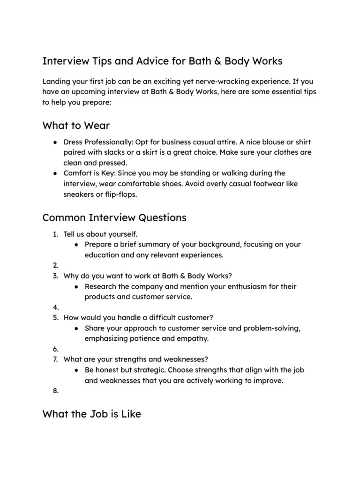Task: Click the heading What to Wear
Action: tap(76, 125)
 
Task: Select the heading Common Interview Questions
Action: tap(114, 217)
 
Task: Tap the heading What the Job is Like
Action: tap(91, 414)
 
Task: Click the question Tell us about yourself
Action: tap(100, 234)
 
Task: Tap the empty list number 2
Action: tap(55, 265)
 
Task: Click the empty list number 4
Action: tap(55, 307)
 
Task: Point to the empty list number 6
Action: tap(55, 349)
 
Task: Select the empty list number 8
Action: tap(55, 391)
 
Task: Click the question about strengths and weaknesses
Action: tap(135, 360)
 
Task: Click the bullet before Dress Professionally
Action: tap(55, 142)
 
